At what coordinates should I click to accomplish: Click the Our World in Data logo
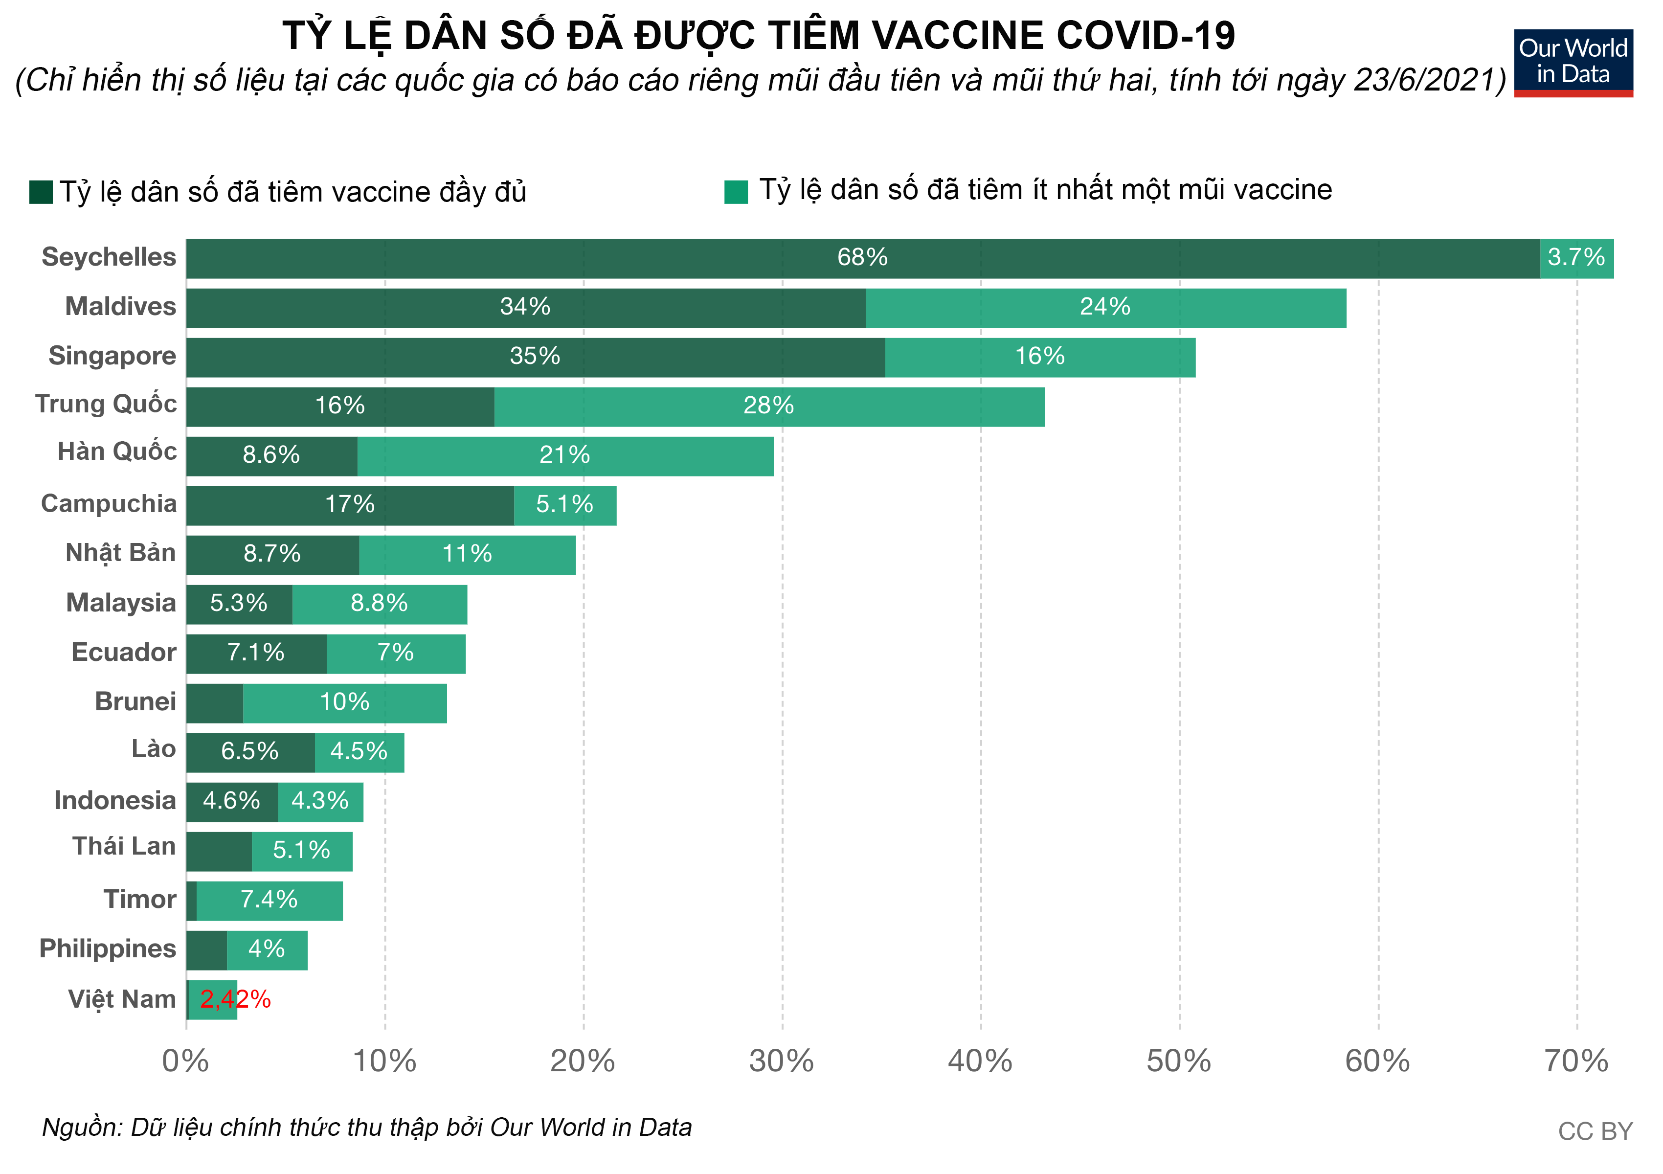pos(1573,62)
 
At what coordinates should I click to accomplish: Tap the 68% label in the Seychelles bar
pos(862,258)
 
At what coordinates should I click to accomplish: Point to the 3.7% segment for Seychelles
pos(1576,258)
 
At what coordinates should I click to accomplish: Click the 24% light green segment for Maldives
pos(1105,307)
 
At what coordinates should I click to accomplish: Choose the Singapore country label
pos(112,356)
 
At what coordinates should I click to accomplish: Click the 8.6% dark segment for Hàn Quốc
pos(271,455)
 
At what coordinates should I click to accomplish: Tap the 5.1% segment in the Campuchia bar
pos(564,505)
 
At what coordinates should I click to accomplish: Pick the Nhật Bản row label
pos(120,553)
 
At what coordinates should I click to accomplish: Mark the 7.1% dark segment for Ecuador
pos(256,653)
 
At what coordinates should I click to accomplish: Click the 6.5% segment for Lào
pos(250,752)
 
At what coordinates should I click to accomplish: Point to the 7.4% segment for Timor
pos(269,900)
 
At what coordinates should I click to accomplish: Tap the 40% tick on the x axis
pos(980,1062)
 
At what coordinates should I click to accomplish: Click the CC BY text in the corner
pos(1595,1131)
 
